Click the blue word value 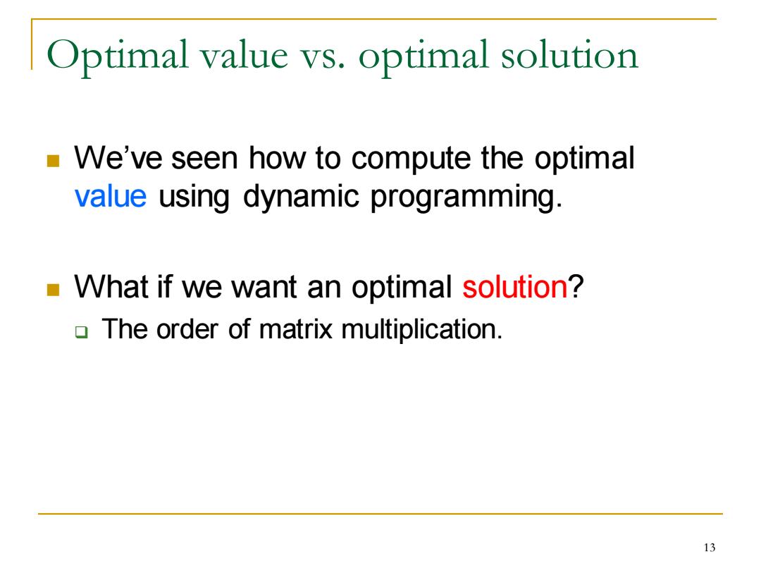coord(110,196)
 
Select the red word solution coord(514,286)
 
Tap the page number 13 coord(709,548)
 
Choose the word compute coord(410,160)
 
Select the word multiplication coord(422,331)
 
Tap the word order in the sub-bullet coord(187,329)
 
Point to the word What coord(111,286)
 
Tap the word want coord(264,288)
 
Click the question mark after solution coord(576,286)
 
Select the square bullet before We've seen coord(53,161)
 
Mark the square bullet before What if coord(53,290)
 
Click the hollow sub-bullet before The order coord(82,333)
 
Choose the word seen coord(204,160)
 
